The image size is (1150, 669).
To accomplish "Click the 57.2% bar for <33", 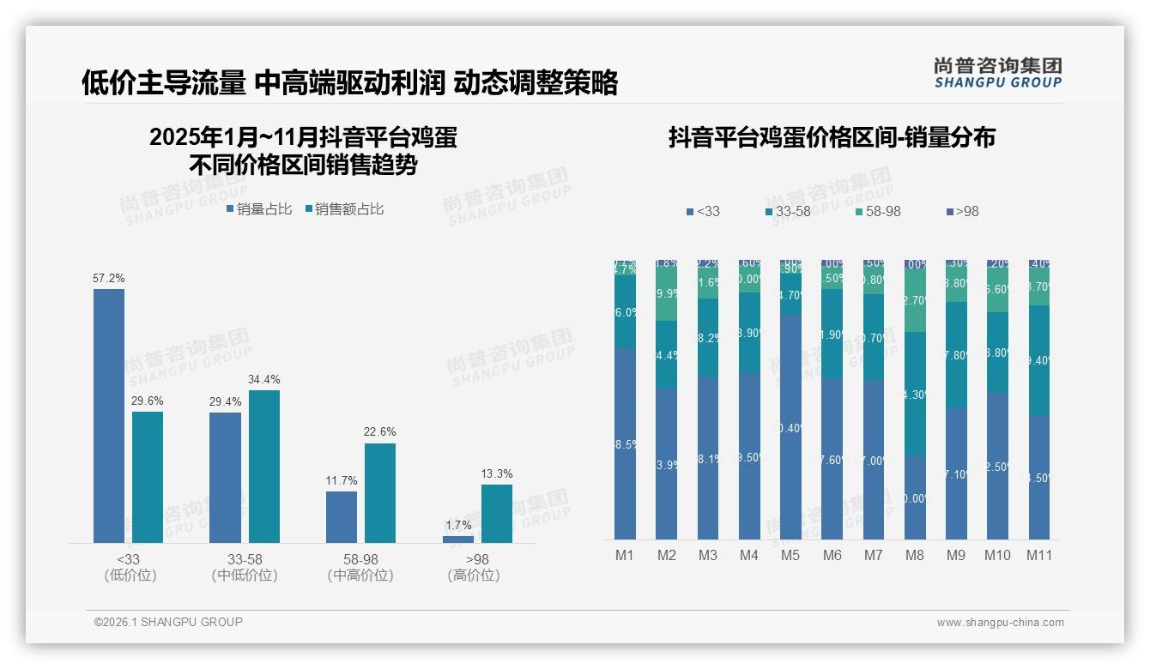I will click(x=109, y=416).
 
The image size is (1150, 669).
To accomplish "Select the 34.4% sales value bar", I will click(x=264, y=467).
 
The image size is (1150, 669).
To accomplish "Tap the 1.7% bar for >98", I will click(x=458, y=539).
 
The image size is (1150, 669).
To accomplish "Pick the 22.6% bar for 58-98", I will click(x=380, y=493).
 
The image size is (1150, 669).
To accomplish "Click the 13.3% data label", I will click(x=497, y=473).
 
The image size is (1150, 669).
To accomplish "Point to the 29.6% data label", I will click(x=148, y=401).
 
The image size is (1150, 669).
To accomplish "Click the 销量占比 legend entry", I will click(x=258, y=209).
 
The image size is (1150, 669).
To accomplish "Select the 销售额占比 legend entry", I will click(x=343, y=209).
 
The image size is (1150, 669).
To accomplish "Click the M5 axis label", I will click(x=790, y=556).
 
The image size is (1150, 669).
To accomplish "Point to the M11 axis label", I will click(x=1039, y=556).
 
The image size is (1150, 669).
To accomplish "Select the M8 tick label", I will click(x=915, y=556).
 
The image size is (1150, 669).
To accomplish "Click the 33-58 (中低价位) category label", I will click(x=245, y=567).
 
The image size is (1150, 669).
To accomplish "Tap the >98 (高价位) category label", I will click(x=474, y=567).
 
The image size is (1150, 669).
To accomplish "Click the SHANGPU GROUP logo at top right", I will click(x=997, y=73).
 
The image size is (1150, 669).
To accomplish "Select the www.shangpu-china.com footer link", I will click(x=1000, y=623).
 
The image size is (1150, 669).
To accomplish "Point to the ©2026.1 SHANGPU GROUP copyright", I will click(x=168, y=622).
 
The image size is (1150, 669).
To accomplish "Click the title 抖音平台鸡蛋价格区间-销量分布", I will click(x=832, y=138).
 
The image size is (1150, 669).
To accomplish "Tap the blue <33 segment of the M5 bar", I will click(x=790, y=426).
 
